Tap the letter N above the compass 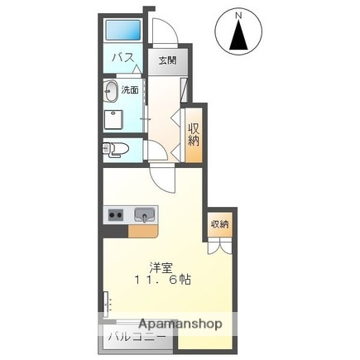[x=238, y=15]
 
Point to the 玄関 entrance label [x=167, y=60]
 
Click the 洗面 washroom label [x=130, y=89]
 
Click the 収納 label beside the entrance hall [x=194, y=133]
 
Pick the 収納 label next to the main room [x=218, y=223]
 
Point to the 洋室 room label [x=161, y=266]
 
